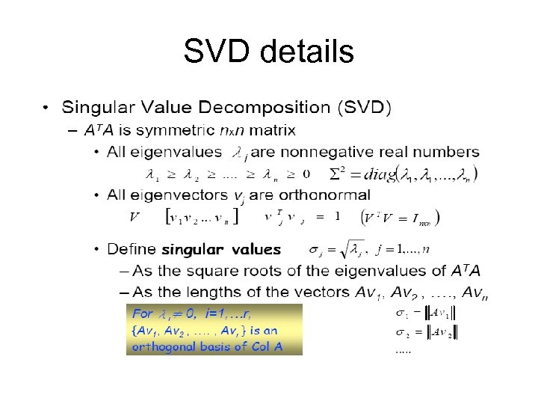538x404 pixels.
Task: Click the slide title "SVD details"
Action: pos(268,52)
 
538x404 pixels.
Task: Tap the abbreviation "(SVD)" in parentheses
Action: pos(364,108)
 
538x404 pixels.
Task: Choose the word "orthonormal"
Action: pos(327,195)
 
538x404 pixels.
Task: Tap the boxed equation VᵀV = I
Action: pos(401,217)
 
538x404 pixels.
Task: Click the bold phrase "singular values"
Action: pos(221,249)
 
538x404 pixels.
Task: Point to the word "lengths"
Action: pos(192,292)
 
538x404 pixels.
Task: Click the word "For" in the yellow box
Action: pos(142,312)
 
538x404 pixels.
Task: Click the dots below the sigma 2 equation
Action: pos(403,349)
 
